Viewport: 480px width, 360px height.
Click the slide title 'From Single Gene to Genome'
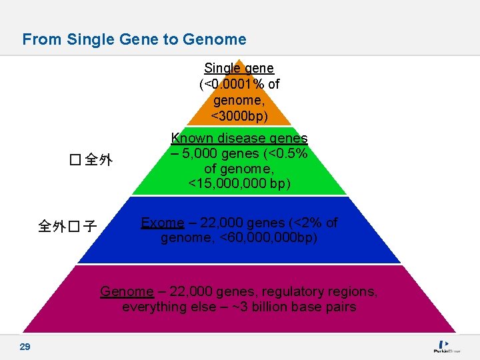coord(134,39)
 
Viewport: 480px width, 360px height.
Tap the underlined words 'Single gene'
coord(239,68)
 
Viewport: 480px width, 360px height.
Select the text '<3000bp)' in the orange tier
coord(239,116)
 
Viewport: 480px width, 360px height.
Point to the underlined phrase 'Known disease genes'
coord(239,139)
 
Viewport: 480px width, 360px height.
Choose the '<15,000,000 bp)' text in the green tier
coord(239,183)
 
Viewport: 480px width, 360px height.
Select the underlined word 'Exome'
coord(162,223)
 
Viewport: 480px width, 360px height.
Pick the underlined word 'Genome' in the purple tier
coord(127,291)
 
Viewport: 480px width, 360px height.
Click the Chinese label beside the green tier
coord(91,160)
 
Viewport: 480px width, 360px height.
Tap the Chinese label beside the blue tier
coord(67,227)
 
